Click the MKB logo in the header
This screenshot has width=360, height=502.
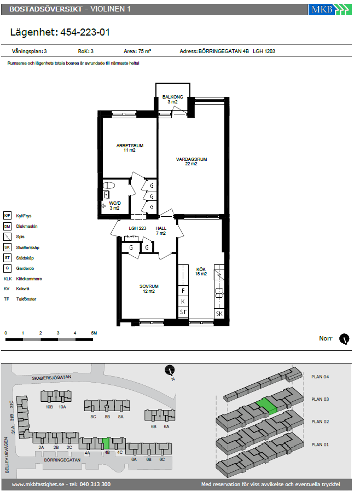(329, 9)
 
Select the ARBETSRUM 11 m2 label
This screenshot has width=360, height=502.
(130, 148)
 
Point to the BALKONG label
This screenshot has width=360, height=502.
(172, 97)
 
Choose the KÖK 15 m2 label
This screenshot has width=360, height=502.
(201, 272)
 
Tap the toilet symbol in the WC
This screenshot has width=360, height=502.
(109, 186)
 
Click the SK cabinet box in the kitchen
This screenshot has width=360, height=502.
(219, 314)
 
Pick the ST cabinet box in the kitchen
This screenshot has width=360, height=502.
(183, 312)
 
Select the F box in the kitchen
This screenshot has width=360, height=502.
(183, 291)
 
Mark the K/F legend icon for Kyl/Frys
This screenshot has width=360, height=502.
(7, 216)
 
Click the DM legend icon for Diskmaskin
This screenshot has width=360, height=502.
(7, 226)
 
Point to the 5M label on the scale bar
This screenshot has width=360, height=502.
(94, 333)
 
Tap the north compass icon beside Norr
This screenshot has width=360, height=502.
(344, 339)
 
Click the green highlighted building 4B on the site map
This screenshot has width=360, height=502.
(107, 443)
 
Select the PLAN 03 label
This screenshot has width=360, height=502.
(320, 399)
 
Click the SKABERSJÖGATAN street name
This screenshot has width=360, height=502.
(51, 378)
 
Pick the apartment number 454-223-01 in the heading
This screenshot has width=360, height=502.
(85, 32)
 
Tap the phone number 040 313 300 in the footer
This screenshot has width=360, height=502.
(95, 484)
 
